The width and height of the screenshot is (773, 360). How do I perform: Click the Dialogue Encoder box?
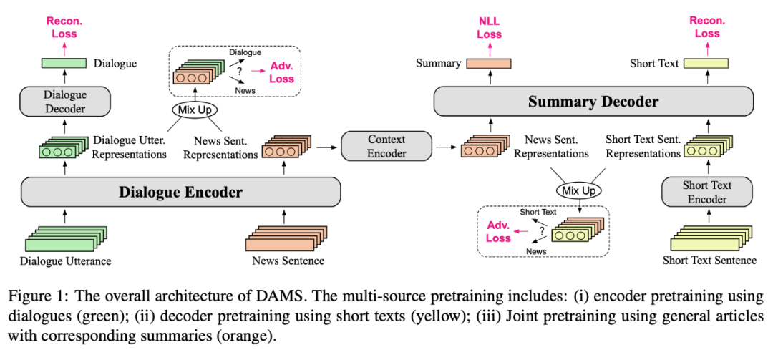tap(180, 192)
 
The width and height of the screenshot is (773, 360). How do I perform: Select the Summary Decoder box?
tap(594, 102)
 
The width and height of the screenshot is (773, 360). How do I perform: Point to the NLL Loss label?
tap(490, 27)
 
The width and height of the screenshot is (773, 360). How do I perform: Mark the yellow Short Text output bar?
tap(706, 64)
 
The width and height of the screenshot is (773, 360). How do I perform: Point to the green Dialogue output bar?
tap(59, 64)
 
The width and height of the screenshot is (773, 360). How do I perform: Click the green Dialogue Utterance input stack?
tap(62, 238)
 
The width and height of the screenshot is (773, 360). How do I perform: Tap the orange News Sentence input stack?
tap(285, 238)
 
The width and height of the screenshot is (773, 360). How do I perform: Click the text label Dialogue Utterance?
tap(66, 261)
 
